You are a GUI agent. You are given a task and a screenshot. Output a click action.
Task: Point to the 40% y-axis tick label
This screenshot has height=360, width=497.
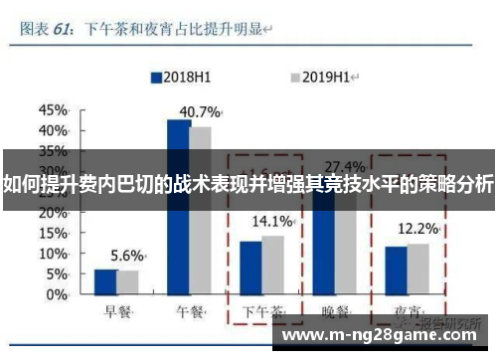click(55, 129)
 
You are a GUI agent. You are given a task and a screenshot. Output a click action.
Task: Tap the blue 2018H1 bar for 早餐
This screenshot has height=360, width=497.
click(105, 283)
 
